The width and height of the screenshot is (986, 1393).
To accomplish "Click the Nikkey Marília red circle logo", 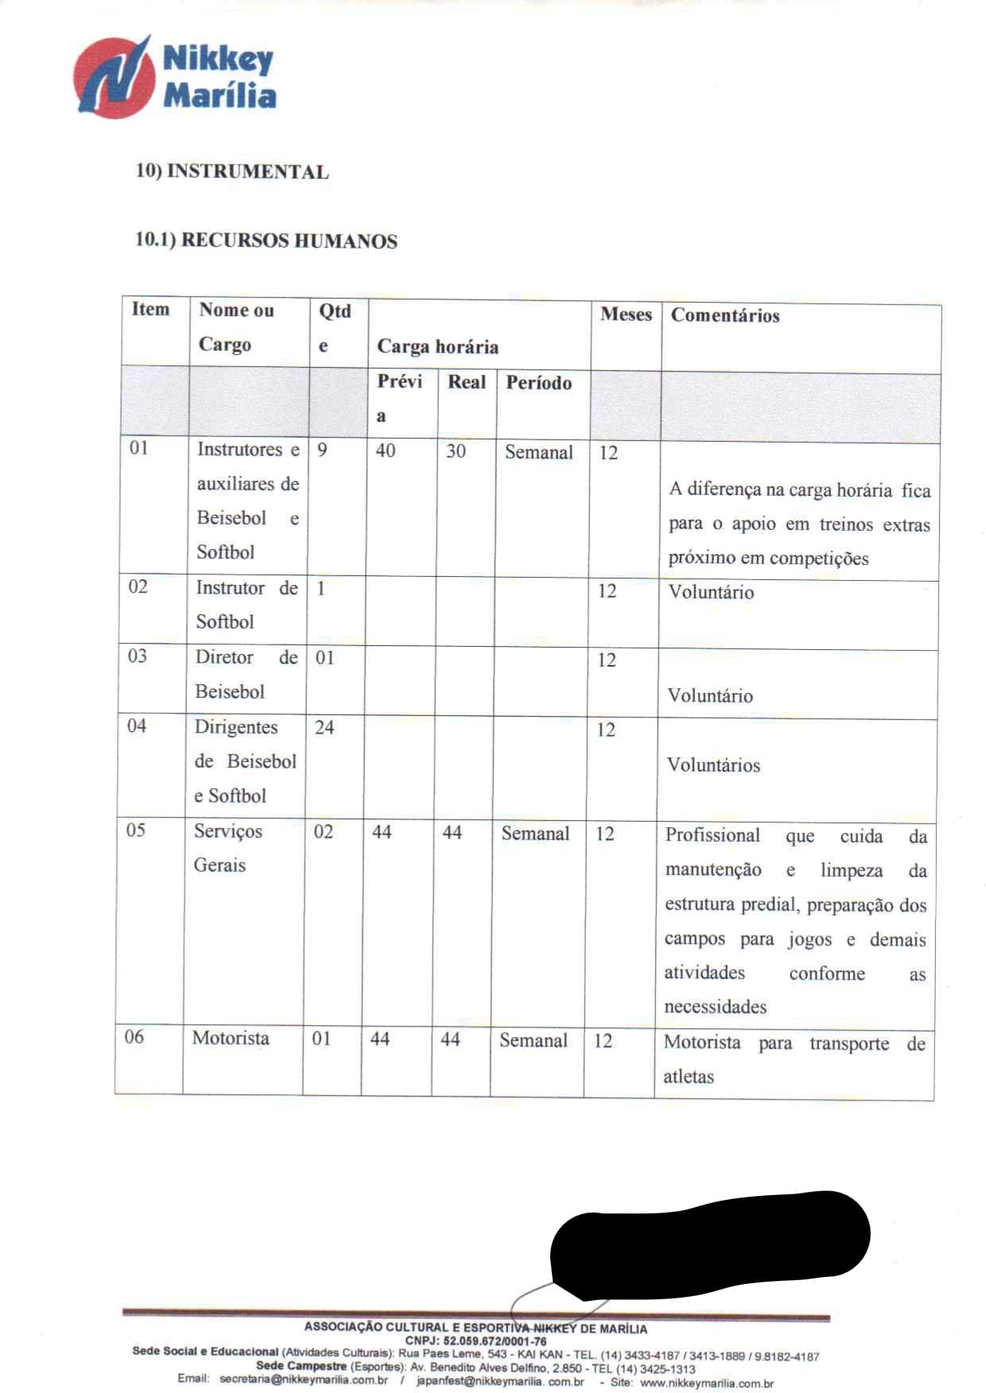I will pos(114,78).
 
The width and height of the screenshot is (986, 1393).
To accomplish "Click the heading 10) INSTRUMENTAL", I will pos(232,172).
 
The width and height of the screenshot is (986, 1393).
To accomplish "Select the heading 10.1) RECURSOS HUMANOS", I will pos(266,241).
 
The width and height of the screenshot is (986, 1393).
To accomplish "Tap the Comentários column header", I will pos(725,315).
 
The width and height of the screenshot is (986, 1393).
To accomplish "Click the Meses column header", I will pos(626,315).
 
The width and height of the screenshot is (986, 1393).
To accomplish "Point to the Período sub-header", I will pos(538,383).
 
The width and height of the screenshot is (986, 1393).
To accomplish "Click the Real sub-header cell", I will pos(466,382).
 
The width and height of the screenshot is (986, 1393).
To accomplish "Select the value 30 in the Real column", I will pos(456,451).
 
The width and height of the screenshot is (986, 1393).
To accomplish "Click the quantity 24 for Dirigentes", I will pos(324,727).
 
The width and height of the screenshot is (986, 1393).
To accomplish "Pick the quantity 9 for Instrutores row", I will pos(322,450).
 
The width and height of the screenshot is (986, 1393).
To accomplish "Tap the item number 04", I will pos(137,726).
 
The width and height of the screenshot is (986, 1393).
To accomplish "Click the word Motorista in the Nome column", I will pos(231,1038).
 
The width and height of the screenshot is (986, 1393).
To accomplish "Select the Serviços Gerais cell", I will pos(227,848).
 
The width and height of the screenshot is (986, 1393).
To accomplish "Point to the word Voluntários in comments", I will pos(713,765).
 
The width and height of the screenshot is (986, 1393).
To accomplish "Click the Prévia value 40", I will pos(386,451).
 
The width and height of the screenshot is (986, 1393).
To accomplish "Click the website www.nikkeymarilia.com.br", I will pos(706,1383).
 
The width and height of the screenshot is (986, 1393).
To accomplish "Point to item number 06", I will pos(134,1037).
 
